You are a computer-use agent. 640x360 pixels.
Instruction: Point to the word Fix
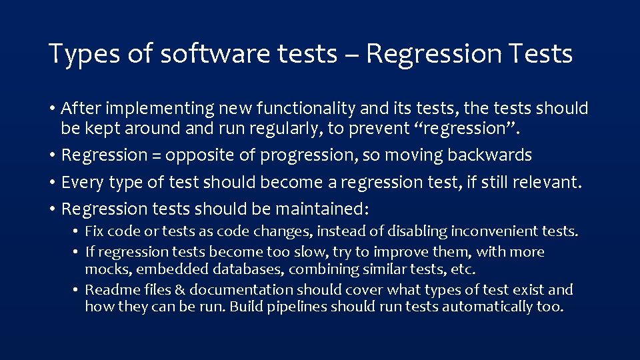(x=94, y=231)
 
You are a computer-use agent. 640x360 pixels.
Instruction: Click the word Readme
(x=109, y=289)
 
